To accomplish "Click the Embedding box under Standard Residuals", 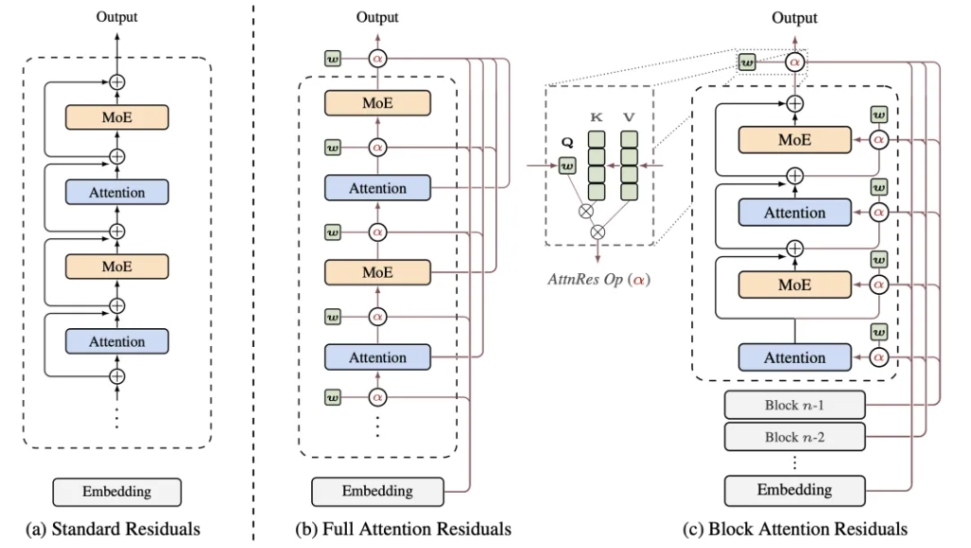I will tap(116, 492).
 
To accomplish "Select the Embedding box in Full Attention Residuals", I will tap(377, 490).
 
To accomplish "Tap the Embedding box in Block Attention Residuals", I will tap(795, 490).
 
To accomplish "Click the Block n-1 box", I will tap(795, 405).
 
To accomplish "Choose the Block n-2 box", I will tap(795, 436).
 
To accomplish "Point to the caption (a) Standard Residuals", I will tap(116, 528).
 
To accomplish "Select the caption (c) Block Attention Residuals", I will tap(795, 528).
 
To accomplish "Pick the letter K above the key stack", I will tap(596, 117).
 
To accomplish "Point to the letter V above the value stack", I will tap(628, 117).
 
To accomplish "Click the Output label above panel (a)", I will tap(117, 16).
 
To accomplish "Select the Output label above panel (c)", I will tap(795, 18).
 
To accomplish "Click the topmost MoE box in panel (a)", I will tap(117, 118).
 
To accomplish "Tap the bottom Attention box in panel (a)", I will tap(117, 341).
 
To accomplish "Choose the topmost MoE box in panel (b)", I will tap(377, 102).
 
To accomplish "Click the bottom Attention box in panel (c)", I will tap(795, 357).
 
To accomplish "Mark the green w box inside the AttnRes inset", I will tap(567, 167).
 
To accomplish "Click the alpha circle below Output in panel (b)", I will tap(377, 60).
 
